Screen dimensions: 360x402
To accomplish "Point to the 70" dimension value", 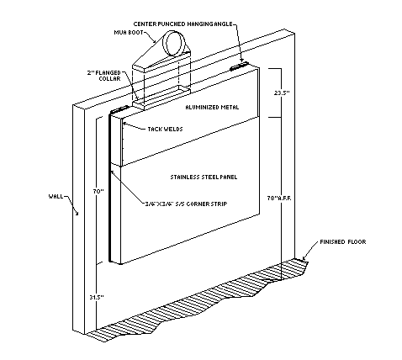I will coord(98,192).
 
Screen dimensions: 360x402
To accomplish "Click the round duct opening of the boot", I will coord(178,42).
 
